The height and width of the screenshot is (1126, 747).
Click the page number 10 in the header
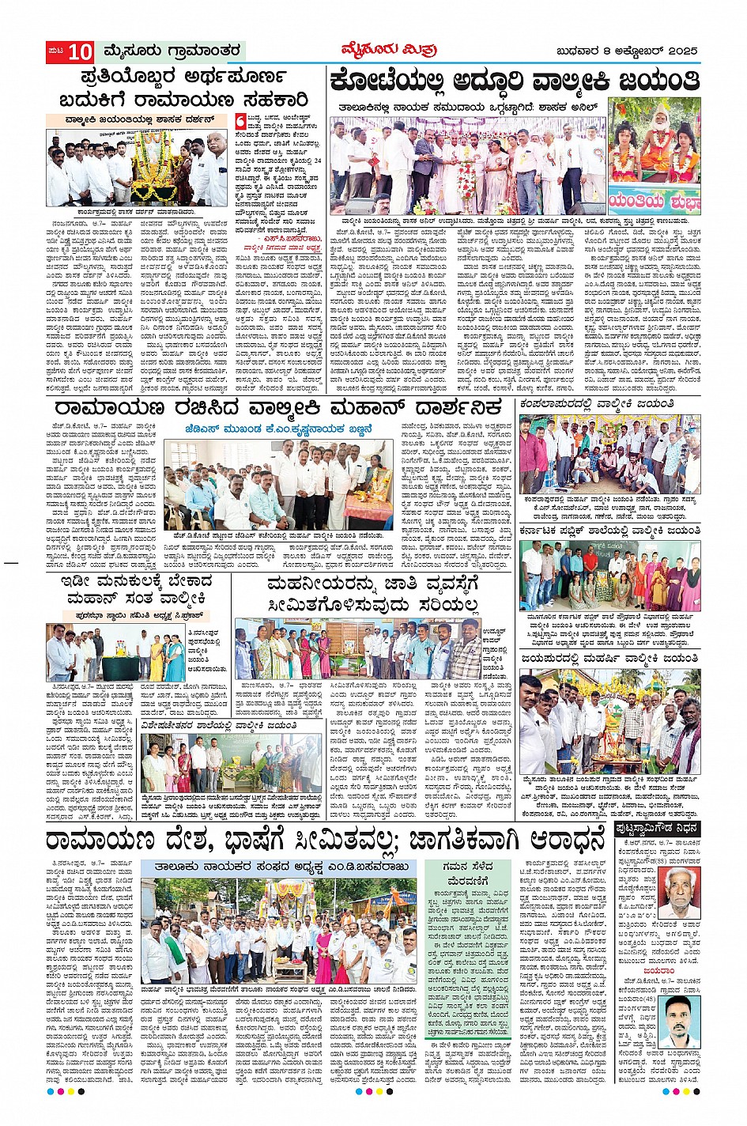[79, 52]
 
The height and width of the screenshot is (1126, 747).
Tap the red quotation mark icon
[240, 120]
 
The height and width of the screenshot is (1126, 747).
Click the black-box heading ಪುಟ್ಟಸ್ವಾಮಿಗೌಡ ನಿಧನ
[656, 828]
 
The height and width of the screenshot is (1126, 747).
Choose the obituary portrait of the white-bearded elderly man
[679, 894]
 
